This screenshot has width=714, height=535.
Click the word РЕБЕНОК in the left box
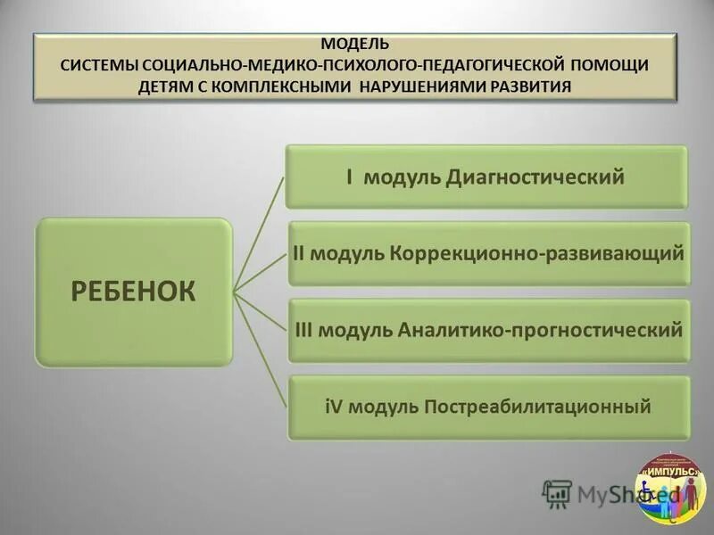(x=133, y=292)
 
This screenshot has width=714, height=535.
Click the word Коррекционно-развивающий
(x=537, y=252)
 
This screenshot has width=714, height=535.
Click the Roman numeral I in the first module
(x=349, y=177)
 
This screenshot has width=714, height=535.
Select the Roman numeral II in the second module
(x=301, y=252)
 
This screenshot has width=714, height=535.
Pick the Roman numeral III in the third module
(x=303, y=330)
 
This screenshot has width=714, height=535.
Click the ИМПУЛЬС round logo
(x=669, y=488)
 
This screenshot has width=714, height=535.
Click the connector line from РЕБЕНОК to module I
(x=259, y=235)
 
